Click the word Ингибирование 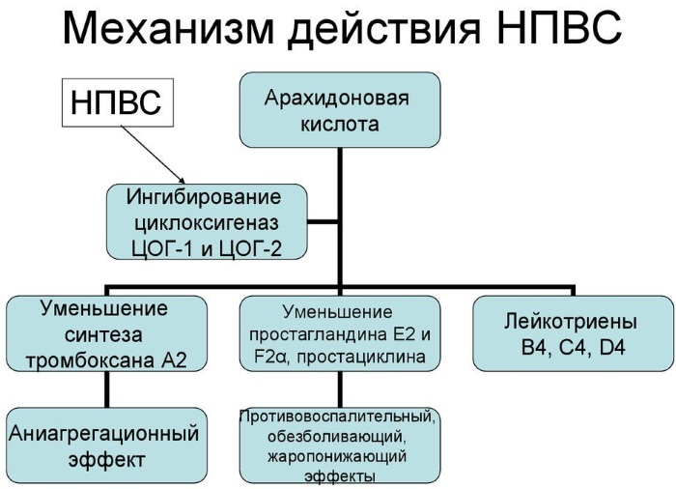[205, 198]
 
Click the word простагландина [317, 335]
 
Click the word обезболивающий [338, 437]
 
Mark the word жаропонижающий [338, 456]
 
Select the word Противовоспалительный [338, 417]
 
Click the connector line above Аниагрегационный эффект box [107, 391]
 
